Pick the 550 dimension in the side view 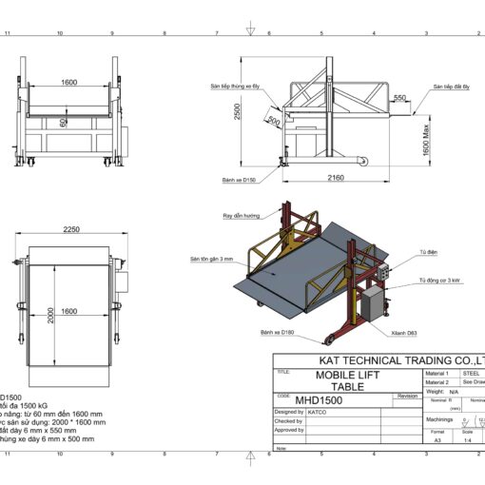click(399, 98)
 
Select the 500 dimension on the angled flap click(274, 121)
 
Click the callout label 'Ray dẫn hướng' click(240, 216)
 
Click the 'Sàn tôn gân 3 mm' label click(210, 259)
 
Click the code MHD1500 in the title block click(319, 400)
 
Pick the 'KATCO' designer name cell click(319, 412)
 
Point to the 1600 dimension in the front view click(69, 83)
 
